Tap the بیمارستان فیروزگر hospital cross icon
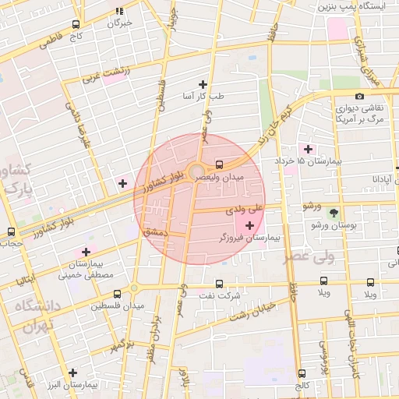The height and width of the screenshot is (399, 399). (x=249, y=225)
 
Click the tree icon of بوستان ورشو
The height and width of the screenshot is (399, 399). (x=334, y=212)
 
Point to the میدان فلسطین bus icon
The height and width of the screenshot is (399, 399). (x=117, y=294)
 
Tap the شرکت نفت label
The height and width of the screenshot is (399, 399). (x=219, y=296)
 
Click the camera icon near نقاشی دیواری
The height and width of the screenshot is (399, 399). (x=359, y=96)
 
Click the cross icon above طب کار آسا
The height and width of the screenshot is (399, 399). (x=203, y=83)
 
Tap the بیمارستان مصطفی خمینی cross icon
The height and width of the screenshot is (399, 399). (x=86, y=252)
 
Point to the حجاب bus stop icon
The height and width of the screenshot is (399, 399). (x=10, y=231)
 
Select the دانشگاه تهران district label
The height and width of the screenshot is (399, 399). (x=33, y=316)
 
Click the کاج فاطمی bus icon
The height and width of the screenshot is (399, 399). (x=75, y=24)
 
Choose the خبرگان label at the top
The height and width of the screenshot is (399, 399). (x=119, y=23)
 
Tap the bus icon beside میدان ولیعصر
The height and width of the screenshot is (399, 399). (x=218, y=164)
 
